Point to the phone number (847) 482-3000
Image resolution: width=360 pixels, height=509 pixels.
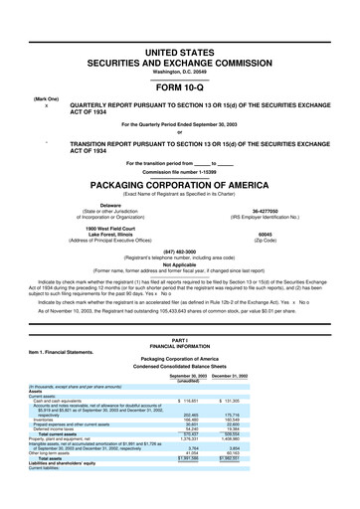(x=179, y=252)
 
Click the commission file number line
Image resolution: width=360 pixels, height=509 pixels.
(x=179, y=171)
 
